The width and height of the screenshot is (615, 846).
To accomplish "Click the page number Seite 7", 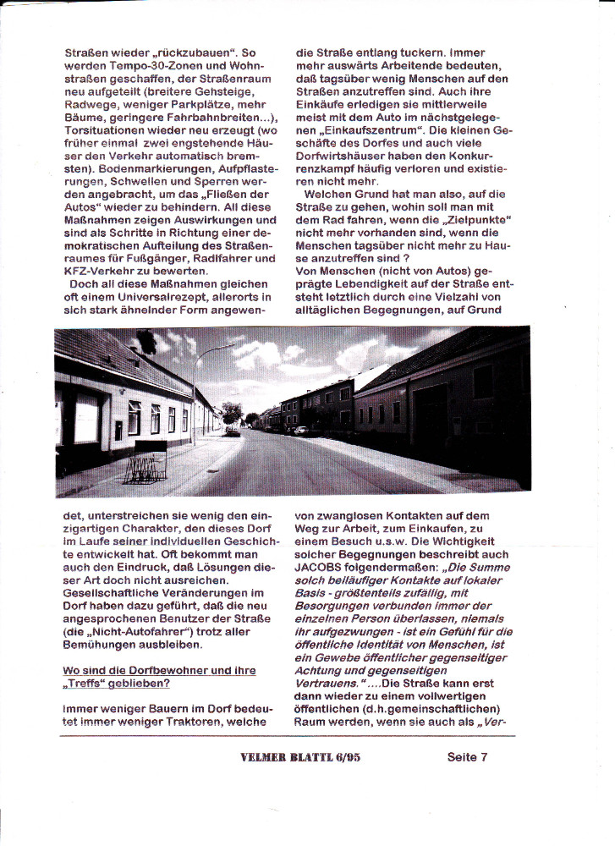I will point(467,757).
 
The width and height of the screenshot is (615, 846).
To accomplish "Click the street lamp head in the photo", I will point(229,346).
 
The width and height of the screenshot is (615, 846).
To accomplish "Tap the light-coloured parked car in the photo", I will point(300,431).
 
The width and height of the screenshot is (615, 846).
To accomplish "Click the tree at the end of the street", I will point(231,412).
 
